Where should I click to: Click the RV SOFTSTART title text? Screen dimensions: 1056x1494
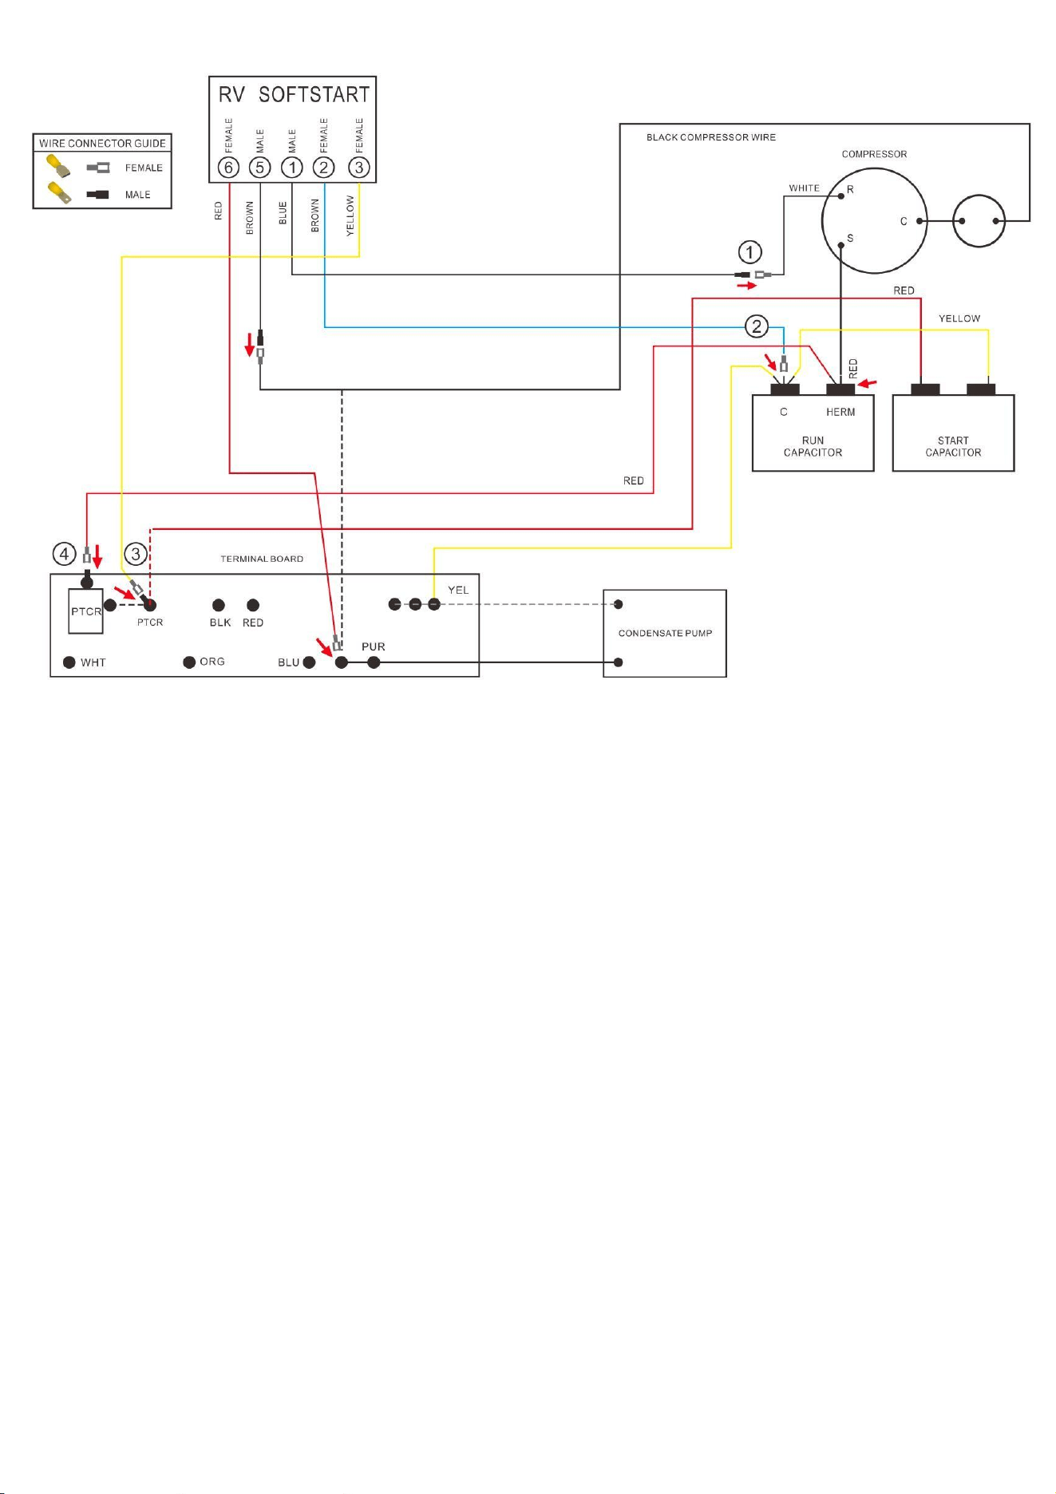294,95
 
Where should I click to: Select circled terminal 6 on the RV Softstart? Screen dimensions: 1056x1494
229,168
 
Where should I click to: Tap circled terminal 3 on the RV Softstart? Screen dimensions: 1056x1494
359,168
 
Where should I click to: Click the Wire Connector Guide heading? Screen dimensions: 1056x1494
102,144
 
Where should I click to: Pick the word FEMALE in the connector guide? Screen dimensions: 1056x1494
144,168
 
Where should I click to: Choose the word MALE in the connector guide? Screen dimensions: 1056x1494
137,195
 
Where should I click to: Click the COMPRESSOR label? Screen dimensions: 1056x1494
874,154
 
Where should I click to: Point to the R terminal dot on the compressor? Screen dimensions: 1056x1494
840,196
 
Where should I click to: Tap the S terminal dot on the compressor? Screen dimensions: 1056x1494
840,245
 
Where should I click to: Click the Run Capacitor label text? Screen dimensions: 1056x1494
813,446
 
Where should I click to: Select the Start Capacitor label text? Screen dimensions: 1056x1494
953,446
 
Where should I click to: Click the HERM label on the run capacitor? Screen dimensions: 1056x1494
840,412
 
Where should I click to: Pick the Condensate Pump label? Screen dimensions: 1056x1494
665,633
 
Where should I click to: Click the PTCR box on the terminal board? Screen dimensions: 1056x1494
85,611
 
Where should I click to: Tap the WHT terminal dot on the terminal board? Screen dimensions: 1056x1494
69,662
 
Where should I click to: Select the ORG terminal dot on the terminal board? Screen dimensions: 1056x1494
189,662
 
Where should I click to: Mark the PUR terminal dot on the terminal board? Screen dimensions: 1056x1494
374,662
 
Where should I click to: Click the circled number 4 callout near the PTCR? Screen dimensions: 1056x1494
65,553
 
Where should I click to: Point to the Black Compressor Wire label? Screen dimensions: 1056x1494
710,137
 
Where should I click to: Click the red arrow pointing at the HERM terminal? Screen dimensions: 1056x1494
867,385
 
